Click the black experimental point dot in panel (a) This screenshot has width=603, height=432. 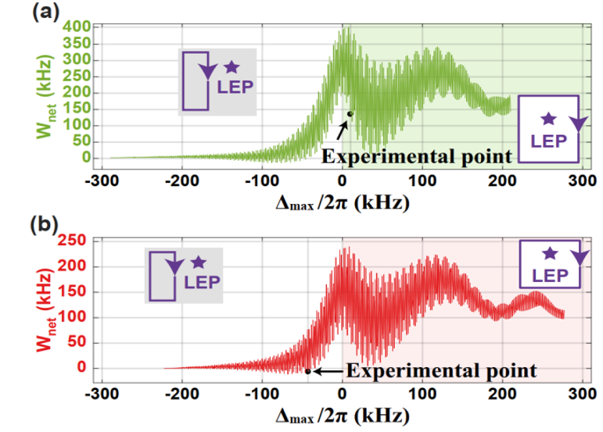[x=350, y=114]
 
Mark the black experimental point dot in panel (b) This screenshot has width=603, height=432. [x=308, y=371]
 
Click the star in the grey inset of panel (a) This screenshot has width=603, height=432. [x=231, y=68]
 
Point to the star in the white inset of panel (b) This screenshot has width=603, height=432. [x=549, y=253]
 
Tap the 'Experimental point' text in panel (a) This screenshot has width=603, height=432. [x=417, y=156]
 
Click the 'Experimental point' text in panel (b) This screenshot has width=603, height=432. [x=441, y=370]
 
